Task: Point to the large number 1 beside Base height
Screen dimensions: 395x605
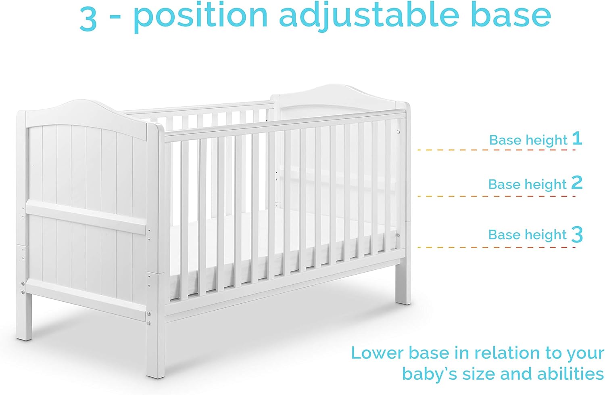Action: [577, 139]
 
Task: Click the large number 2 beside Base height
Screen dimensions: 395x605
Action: [577, 183]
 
